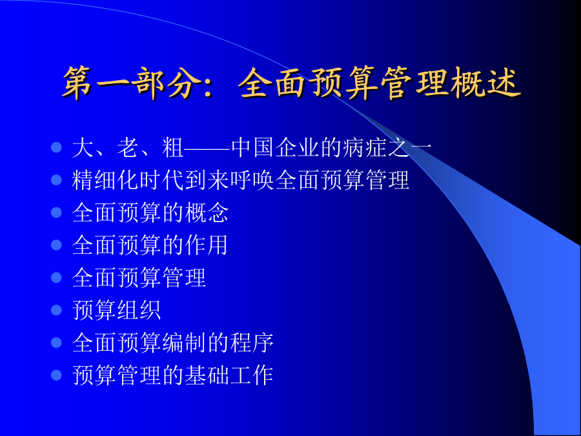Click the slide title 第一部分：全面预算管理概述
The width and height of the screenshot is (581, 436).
pyautogui.click(x=292, y=83)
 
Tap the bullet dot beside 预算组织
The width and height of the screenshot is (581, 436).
pyautogui.click(x=56, y=310)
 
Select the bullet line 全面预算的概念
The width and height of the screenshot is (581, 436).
pyautogui.click(x=150, y=213)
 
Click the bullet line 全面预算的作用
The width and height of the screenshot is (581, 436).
pyautogui.click(x=150, y=245)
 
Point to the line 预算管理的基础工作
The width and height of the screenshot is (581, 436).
pyautogui.click(x=172, y=375)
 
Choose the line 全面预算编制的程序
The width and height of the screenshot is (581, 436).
pyautogui.click(x=172, y=342)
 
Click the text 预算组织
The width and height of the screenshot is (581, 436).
pyautogui.click(x=116, y=310)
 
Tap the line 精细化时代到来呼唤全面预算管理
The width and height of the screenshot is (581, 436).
pyautogui.click(x=241, y=180)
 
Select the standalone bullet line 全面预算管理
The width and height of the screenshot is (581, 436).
pyautogui.click(x=139, y=278)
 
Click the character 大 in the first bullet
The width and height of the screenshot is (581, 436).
pyautogui.click(x=83, y=148)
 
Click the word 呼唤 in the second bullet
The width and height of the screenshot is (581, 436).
pyautogui.click(x=252, y=180)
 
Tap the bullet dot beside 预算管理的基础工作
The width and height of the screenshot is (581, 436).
pyautogui.click(x=56, y=375)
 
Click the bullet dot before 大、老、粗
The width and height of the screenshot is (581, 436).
pyautogui.click(x=56, y=147)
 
